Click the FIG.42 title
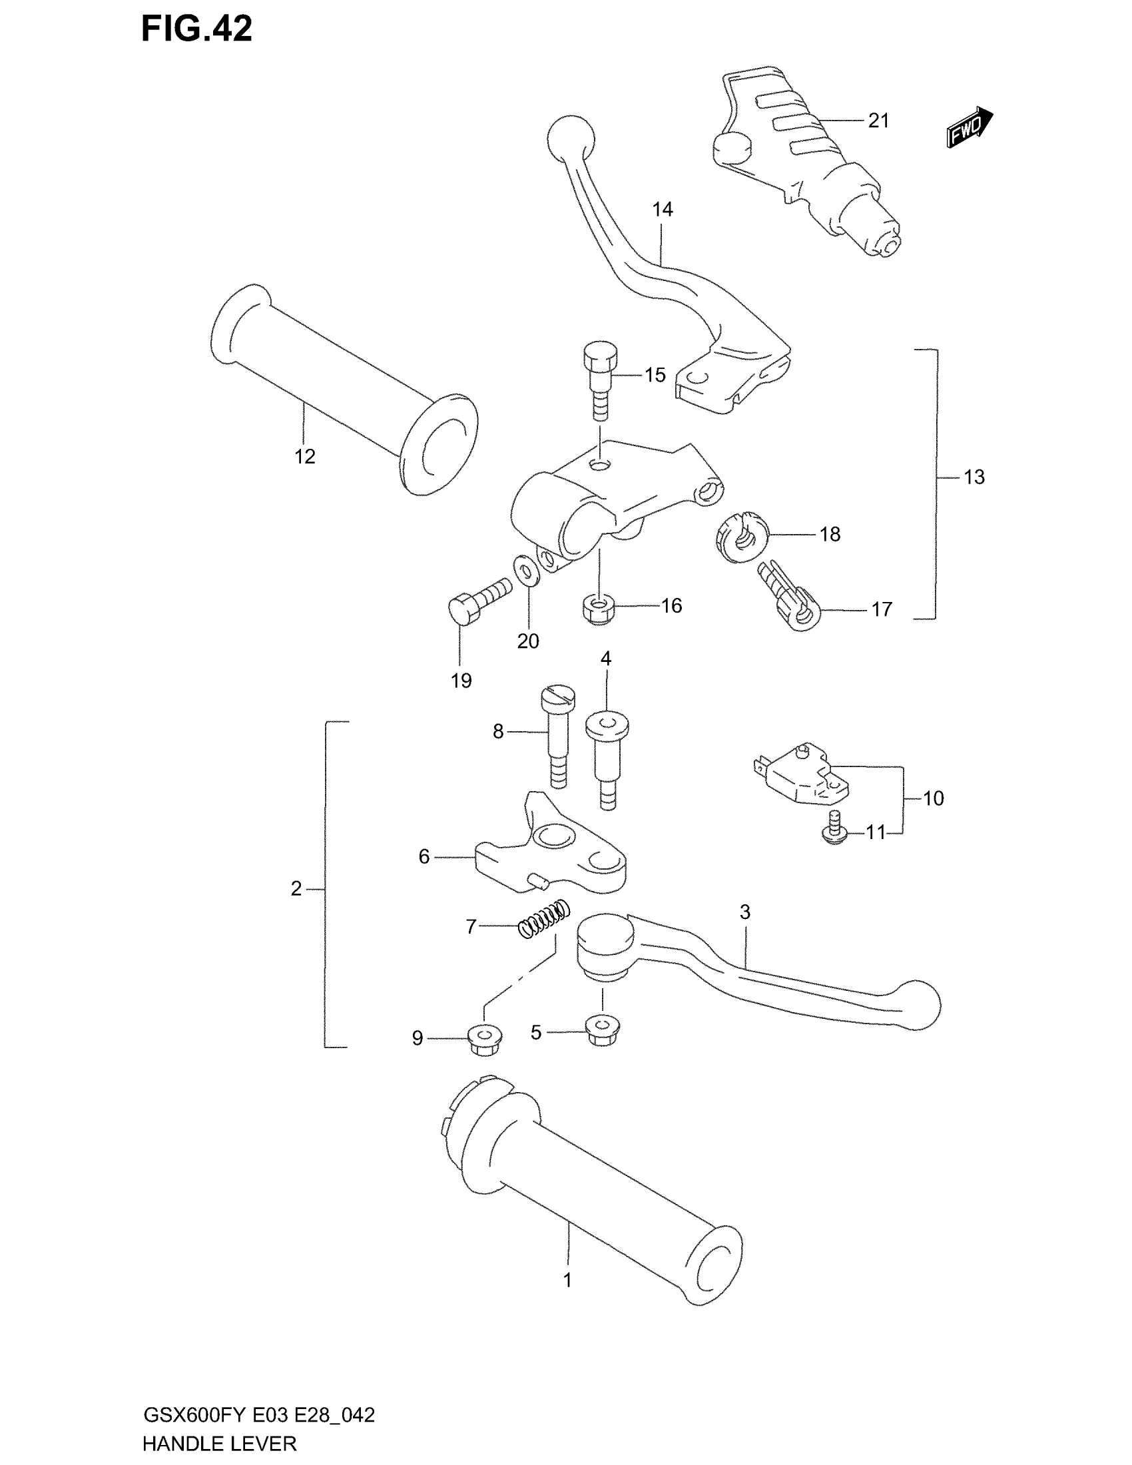click(196, 29)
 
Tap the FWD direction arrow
click(969, 126)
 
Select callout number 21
click(878, 121)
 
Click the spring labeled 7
click(545, 920)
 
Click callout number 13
click(974, 477)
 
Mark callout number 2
click(296, 888)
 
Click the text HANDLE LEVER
click(219, 1443)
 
